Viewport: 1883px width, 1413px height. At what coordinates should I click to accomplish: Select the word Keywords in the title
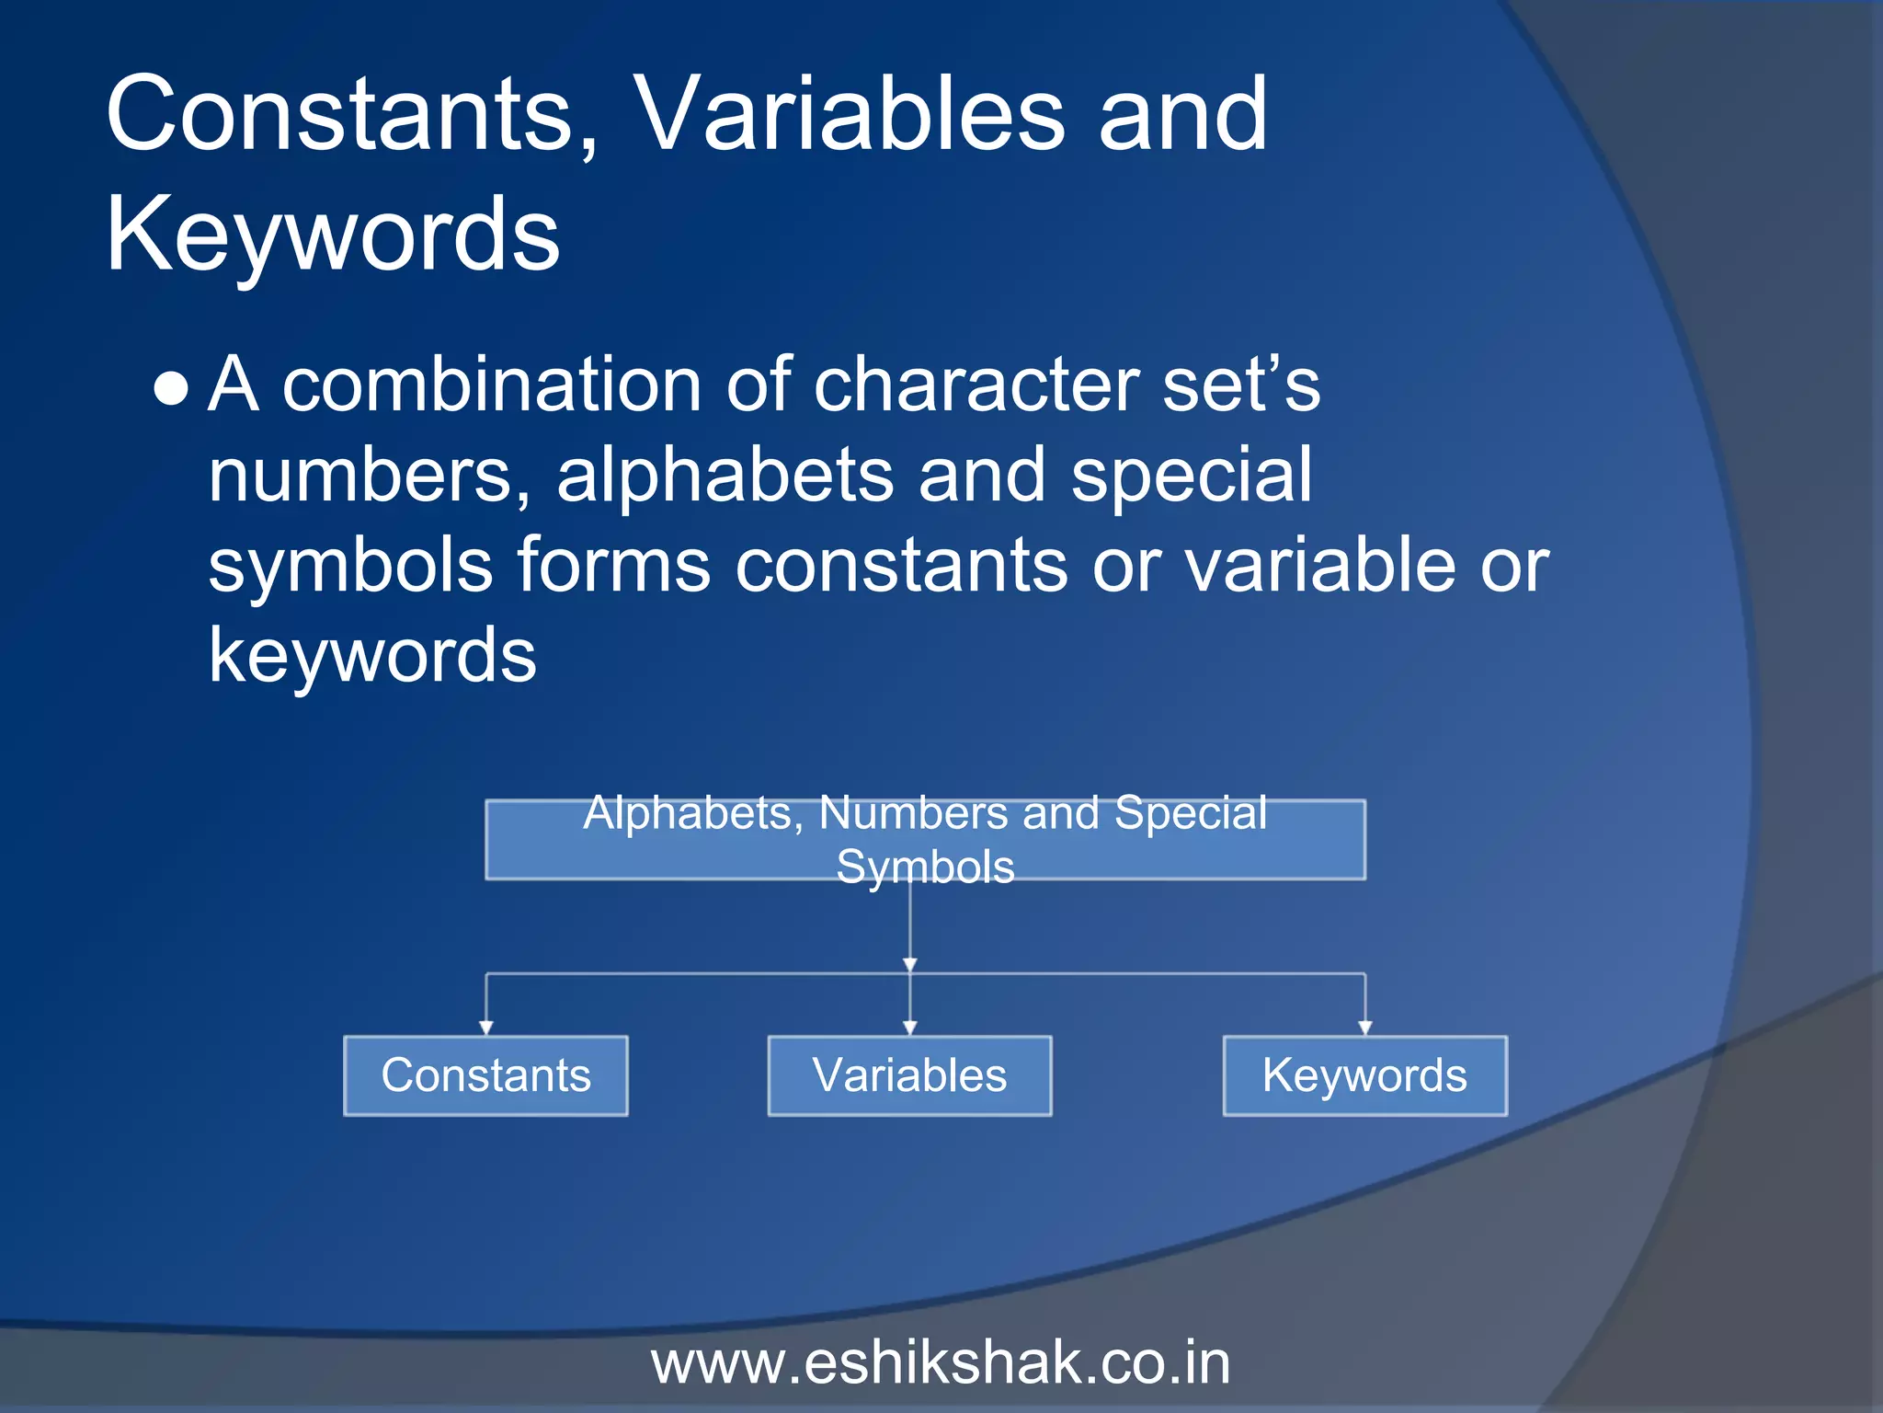pyautogui.click(x=333, y=235)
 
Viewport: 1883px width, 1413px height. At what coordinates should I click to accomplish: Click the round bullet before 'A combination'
pyautogui.click(x=172, y=389)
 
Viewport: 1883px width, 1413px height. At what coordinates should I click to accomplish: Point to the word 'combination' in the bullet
pyautogui.click(x=491, y=385)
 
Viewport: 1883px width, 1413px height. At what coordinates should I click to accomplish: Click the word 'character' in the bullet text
pyautogui.click(x=976, y=385)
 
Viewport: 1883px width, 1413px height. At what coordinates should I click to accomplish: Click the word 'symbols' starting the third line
pyautogui.click(x=350, y=566)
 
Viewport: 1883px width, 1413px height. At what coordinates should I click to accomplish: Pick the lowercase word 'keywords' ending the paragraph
pyautogui.click(x=372, y=656)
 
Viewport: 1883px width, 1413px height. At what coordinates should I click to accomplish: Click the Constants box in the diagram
pyautogui.click(x=485, y=1075)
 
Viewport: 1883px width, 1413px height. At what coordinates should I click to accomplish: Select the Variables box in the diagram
pyautogui.click(x=909, y=1075)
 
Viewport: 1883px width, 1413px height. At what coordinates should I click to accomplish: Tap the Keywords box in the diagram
pyautogui.click(x=1364, y=1075)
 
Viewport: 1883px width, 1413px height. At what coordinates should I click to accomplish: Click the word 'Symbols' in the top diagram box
pyautogui.click(x=925, y=867)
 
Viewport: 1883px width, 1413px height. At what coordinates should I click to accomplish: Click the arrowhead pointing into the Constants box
pyautogui.click(x=486, y=1028)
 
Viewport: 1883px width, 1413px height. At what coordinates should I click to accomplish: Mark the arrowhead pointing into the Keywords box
pyautogui.click(x=1365, y=1028)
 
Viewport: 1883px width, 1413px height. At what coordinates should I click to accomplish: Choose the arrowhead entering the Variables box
pyautogui.click(x=909, y=1028)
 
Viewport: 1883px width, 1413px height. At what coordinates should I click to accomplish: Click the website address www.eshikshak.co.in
pyautogui.click(x=941, y=1363)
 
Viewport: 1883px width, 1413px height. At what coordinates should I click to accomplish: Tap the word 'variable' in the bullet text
pyautogui.click(x=1319, y=566)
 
